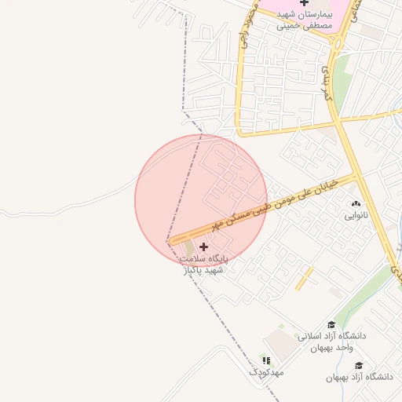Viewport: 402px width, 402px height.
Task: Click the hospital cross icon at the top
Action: pyautogui.click(x=305, y=2)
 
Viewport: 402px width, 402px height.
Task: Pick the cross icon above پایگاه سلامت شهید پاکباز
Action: pyautogui.click(x=204, y=247)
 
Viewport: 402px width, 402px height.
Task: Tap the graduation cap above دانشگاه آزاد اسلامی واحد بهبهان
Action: pyautogui.click(x=331, y=324)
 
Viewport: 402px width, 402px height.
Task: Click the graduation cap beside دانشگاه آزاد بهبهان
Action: pyautogui.click(x=359, y=365)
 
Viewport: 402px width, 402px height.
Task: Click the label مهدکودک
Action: pyautogui.click(x=266, y=372)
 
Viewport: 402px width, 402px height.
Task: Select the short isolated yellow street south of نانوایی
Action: pyautogui.click(x=305, y=279)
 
